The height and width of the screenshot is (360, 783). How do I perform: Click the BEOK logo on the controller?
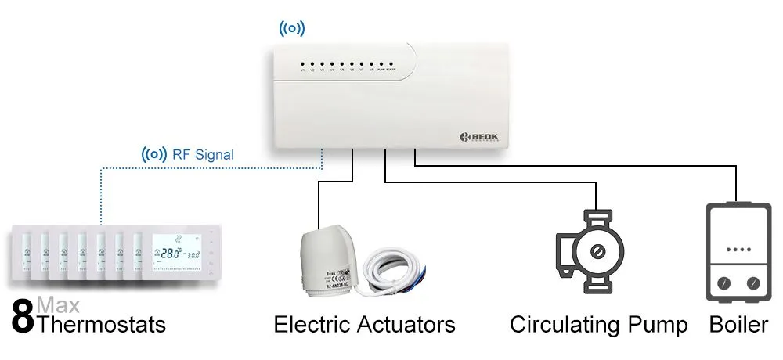pyautogui.click(x=479, y=138)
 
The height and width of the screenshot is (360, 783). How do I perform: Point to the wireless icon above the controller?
pyautogui.click(x=292, y=29)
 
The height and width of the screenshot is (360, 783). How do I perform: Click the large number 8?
pyautogui.click(x=23, y=317)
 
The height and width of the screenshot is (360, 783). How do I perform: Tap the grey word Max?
pyautogui.click(x=57, y=304)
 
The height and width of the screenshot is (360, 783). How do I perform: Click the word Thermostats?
pyautogui.click(x=101, y=324)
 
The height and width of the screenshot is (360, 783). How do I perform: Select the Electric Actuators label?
pyautogui.click(x=364, y=324)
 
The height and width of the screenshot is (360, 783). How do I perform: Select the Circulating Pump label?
pyautogui.click(x=599, y=324)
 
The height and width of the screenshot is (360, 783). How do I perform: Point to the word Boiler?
pyautogui.click(x=738, y=324)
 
